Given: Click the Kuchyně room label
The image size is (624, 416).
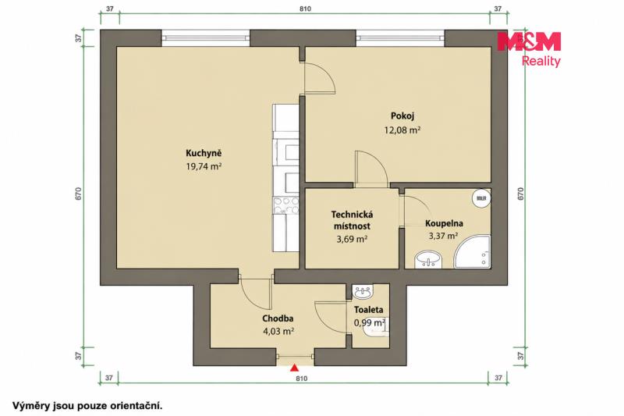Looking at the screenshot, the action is (x=204, y=153).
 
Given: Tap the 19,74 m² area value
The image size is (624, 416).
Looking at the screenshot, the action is (x=204, y=166).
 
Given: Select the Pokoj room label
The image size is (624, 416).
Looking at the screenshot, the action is (x=402, y=116).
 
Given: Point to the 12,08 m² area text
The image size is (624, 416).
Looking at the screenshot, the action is (x=402, y=130).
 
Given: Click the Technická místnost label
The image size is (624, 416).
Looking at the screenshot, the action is (x=352, y=220).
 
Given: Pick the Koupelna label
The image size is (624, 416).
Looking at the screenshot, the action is (x=444, y=223).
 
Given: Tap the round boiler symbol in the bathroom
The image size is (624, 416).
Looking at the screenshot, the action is (x=481, y=197).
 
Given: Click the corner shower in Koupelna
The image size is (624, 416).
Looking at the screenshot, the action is (x=473, y=251).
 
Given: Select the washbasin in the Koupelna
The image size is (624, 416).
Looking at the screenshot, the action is (x=427, y=261).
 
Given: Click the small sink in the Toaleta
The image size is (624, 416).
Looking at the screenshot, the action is (x=363, y=292).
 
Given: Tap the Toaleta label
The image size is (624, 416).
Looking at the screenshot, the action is (x=368, y=310).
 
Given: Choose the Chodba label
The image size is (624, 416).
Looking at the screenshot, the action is (x=278, y=318).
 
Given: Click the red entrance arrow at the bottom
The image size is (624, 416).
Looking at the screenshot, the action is (x=294, y=368).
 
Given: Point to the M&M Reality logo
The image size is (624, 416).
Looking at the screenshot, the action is (x=530, y=49).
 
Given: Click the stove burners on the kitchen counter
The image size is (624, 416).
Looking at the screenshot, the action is (x=285, y=205).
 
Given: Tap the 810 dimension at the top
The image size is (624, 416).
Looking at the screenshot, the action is (x=305, y=9).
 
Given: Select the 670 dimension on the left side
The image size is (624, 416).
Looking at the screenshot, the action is (x=79, y=194).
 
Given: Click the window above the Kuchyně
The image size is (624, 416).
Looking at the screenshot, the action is (x=206, y=38).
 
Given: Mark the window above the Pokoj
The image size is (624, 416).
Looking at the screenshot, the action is (x=400, y=38).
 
